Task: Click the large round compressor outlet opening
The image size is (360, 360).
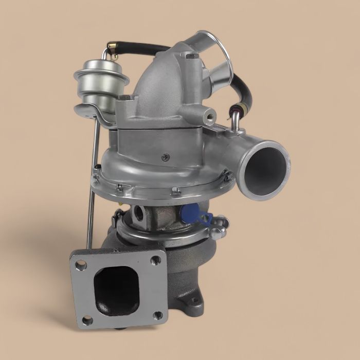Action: click(x=265, y=167)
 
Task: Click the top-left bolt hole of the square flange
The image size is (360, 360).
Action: click(x=81, y=265)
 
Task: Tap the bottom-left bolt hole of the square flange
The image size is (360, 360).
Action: click(x=87, y=320)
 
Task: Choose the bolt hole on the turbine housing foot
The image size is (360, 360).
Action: click(x=194, y=300)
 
